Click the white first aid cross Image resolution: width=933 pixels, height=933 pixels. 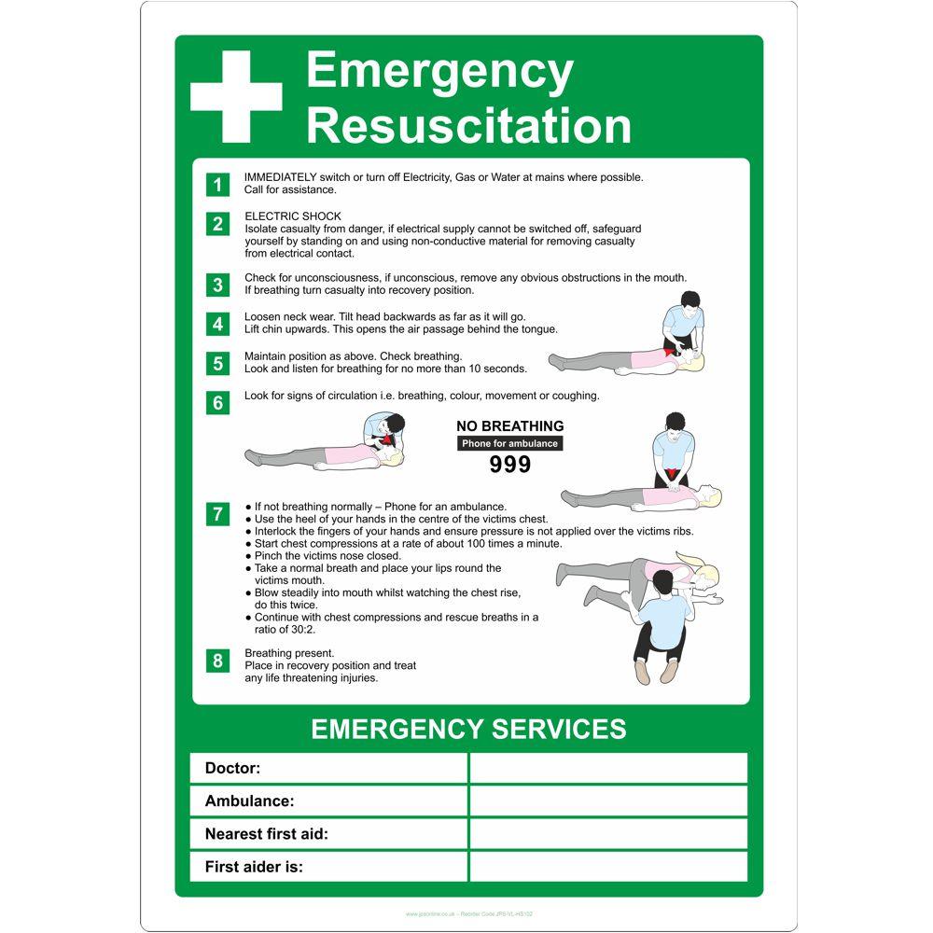(x=236, y=97)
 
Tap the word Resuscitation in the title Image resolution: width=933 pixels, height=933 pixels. (x=468, y=126)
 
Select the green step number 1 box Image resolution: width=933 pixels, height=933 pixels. (x=217, y=184)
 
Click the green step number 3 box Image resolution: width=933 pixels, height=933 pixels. (x=217, y=285)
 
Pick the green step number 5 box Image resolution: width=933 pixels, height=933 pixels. (x=217, y=363)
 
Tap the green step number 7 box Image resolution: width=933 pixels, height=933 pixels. (x=217, y=513)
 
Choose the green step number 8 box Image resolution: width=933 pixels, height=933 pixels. (x=217, y=661)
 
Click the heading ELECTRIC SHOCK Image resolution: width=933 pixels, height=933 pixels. (x=293, y=216)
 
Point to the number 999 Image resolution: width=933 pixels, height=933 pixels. (x=510, y=465)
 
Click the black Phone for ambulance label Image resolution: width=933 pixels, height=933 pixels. (x=510, y=443)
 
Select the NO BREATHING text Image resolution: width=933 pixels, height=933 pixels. (x=510, y=426)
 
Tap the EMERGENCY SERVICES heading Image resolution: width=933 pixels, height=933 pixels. (x=468, y=729)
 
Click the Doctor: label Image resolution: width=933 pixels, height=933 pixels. (x=232, y=769)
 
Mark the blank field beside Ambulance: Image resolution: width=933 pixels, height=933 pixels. (x=607, y=801)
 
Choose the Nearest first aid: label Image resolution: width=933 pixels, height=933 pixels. (x=266, y=834)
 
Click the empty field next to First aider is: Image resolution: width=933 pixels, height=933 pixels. (x=607, y=867)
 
